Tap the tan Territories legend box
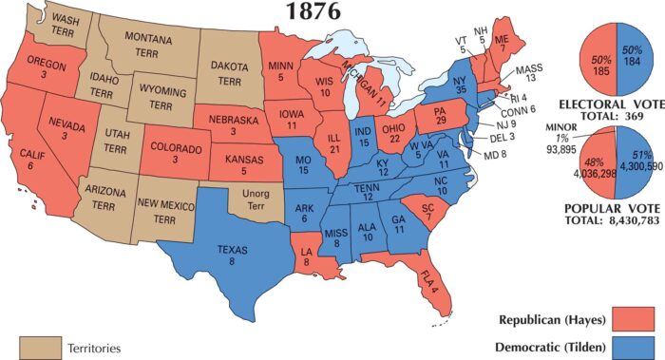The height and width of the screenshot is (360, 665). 37,347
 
